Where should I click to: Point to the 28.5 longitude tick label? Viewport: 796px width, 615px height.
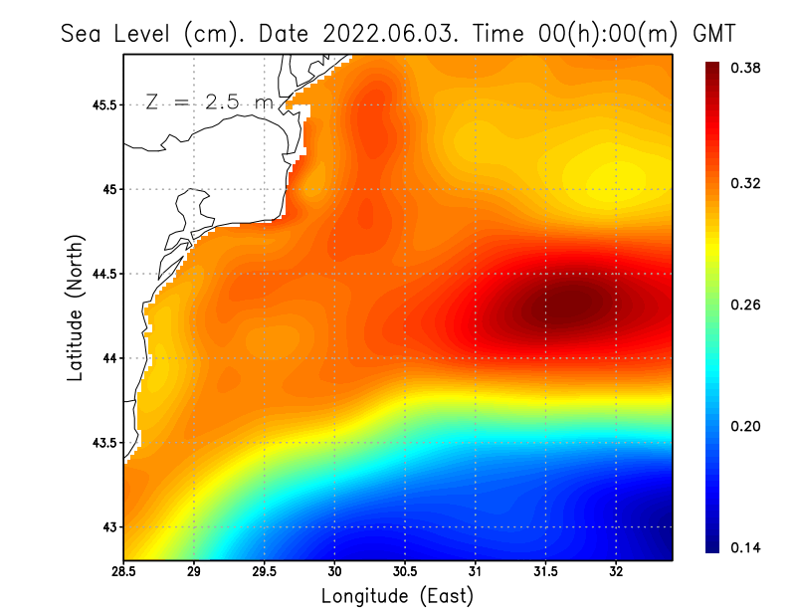[x=124, y=571]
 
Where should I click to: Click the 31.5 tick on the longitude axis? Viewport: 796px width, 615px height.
[x=545, y=571]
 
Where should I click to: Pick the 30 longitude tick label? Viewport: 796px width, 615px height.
[x=334, y=571]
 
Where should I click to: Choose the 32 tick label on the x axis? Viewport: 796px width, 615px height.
[x=616, y=571]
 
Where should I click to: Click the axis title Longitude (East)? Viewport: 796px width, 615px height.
[x=397, y=596]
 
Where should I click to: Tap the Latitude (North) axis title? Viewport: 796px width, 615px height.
[x=75, y=307]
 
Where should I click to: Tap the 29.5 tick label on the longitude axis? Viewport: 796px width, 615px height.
[x=265, y=571]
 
